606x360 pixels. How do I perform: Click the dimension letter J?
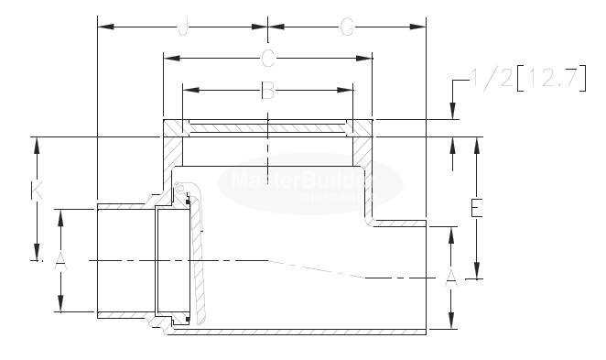pyautogui.click(x=182, y=27)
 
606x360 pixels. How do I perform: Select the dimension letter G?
pyautogui.click(x=347, y=27)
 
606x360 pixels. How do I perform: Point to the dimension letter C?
pyautogui.click(x=267, y=60)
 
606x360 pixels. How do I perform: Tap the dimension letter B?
pyautogui.click(x=267, y=90)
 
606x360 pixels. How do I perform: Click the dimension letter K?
pyautogui.click(x=36, y=191)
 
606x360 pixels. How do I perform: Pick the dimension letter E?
pyautogui.click(x=475, y=208)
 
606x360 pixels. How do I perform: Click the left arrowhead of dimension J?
pyautogui.click(x=102, y=27)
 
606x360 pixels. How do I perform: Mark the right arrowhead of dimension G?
pyautogui.click(x=423, y=27)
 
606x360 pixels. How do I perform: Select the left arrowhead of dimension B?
pyautogui.click(x=188, y=90)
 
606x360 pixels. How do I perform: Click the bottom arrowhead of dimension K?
pyautogui.click(x=36, y=257)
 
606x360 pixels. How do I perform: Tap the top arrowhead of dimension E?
pyautogui.click(x=475, y=142)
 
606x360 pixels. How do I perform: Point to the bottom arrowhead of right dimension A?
pyautogui.click(x=451, y=324)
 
